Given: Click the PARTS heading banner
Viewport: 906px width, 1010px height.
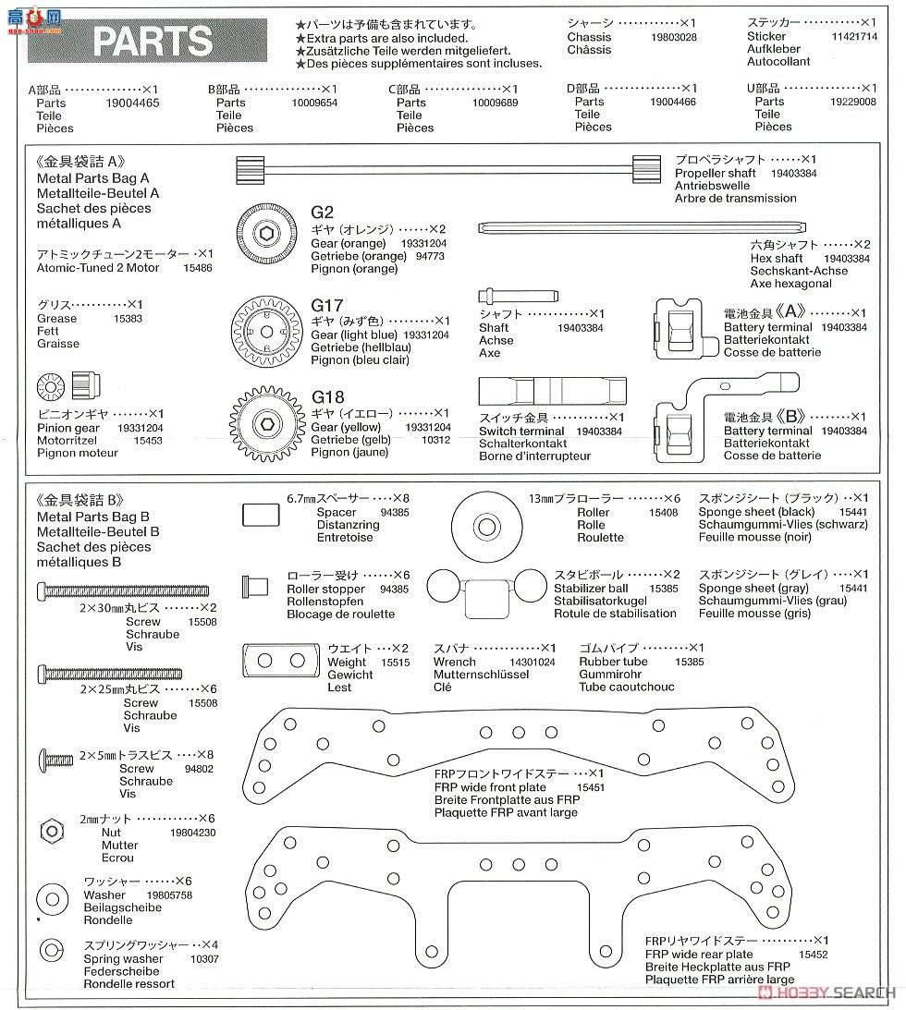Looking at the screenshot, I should pos(153,42).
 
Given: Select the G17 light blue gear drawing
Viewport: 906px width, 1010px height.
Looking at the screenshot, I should pos(265,329).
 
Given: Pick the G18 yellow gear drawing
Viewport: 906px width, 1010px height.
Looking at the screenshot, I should pos(266,424).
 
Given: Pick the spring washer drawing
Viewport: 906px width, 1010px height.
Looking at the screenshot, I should pos(50,951).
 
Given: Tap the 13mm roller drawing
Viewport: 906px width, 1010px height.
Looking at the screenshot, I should pos(486,524).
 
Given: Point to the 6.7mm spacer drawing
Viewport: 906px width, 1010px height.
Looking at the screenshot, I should pos(260,515).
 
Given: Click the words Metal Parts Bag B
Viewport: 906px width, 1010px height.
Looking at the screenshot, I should pos(93,517).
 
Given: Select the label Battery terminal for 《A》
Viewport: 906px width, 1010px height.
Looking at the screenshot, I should pos(767,327).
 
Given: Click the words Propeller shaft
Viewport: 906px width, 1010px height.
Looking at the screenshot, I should pos(715,173).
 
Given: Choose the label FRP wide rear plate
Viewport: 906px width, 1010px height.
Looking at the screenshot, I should pos(699,955).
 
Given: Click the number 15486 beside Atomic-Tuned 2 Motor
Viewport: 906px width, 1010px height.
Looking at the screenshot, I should pos(199,268).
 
